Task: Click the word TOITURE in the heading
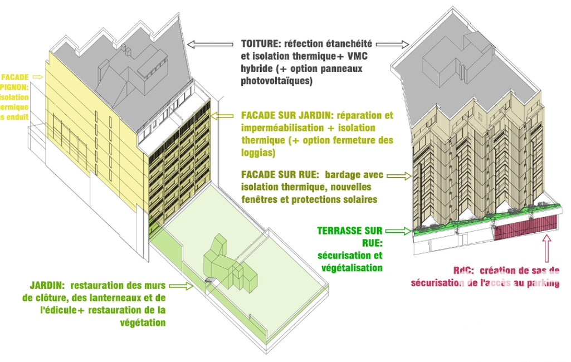click(x=261, y=43)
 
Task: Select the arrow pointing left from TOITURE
click(x=211, y=43)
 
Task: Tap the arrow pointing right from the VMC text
click(x=397, y=43)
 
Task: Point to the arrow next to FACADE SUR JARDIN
click(x=225, y=116)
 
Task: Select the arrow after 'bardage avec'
click(x=398, y=175)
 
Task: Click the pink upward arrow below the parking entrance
click(x=546, y=248)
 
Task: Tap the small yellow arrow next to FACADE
click(x=38, y=76)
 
